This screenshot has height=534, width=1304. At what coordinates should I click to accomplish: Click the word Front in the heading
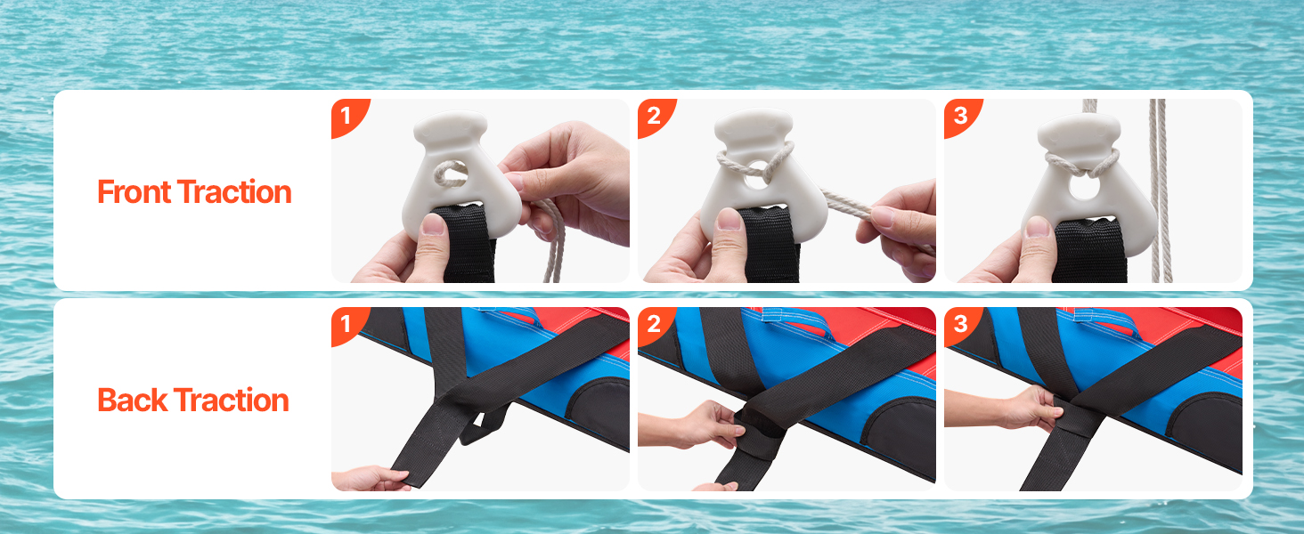tap(134, 192)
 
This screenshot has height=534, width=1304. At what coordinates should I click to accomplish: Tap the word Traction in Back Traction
tap(231, 400)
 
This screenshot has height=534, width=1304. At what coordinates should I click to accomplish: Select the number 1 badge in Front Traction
tap(348, 117)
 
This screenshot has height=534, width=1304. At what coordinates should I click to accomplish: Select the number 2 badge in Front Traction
tap(655, 117)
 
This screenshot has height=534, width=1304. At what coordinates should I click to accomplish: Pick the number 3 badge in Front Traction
tap(961, 117)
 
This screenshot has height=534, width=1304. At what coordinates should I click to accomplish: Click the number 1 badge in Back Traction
tap(348, 325)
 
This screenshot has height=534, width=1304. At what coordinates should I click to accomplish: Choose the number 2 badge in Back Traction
tap(655, 325)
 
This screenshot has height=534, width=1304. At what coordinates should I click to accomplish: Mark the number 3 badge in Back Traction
tap(961, 325)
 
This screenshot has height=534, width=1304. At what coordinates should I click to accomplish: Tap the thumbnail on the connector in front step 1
tap(433, 224)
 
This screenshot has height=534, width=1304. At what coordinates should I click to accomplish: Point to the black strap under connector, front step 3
tap(1089, 251)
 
